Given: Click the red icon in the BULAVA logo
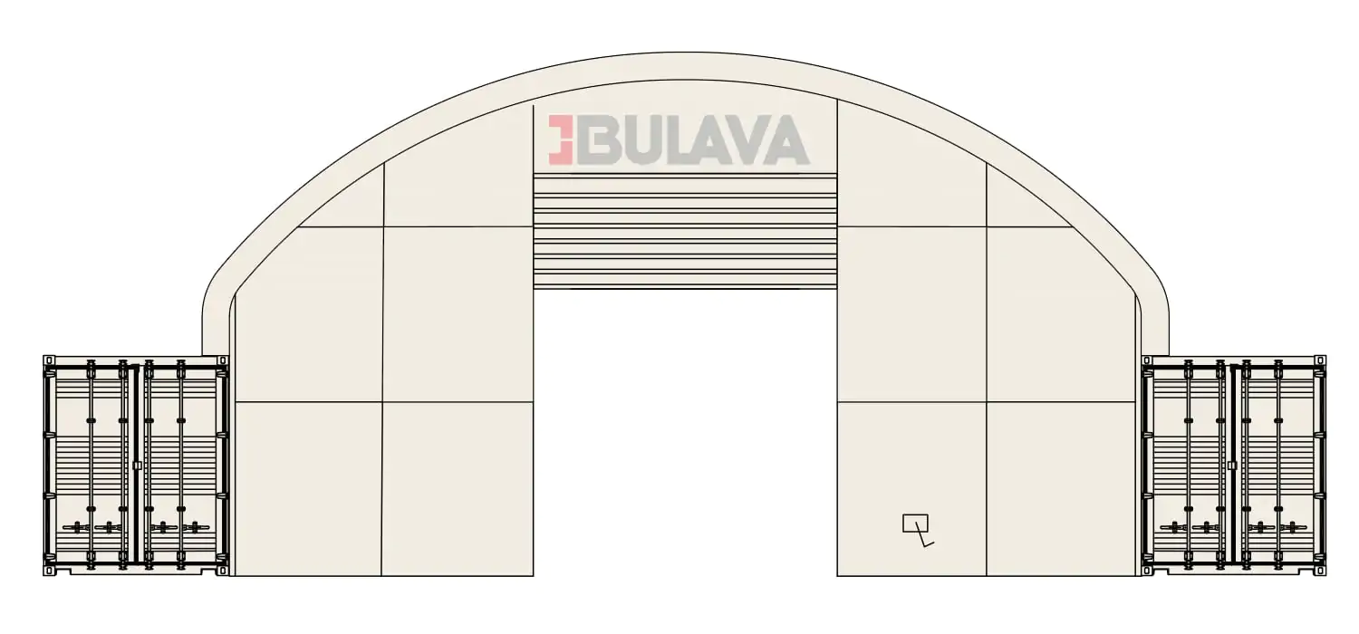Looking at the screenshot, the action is (561, 140).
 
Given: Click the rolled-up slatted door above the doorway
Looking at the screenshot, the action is (685, 231).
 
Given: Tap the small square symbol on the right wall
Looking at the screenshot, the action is (915, 523).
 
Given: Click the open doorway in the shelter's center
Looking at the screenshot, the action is (685, 433).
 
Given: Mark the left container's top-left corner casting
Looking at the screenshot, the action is (49, 361).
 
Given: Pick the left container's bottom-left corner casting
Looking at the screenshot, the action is (49, 571).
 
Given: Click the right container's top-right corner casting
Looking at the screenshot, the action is (1319, 361).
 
